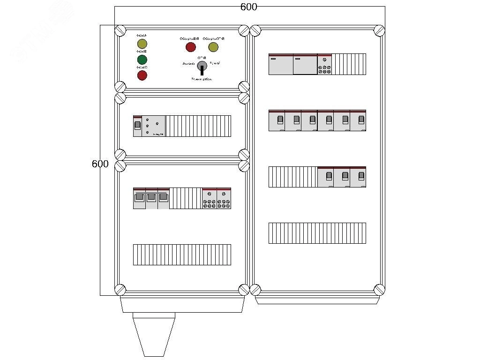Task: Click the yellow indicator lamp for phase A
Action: point(142,45)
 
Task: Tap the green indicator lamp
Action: point(142,60)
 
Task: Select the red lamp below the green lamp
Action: point(142,75)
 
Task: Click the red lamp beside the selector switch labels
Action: point(191,47)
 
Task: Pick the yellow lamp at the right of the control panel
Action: point(213,47)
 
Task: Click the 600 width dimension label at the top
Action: point(248,7)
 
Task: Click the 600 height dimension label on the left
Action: point(100,164)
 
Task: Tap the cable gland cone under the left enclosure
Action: point(154,333)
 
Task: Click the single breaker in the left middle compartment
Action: point(137,126)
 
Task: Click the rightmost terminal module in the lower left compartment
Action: point(224,198)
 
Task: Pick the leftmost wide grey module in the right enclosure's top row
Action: point(280,64)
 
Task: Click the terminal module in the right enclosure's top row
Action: point(324,64)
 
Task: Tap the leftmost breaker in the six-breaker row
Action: point(277,120)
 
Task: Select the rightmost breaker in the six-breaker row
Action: point(358,120)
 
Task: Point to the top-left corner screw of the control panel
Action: point(120,31)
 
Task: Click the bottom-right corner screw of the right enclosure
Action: point(379,289)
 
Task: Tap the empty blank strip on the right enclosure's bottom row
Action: point(317,233)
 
